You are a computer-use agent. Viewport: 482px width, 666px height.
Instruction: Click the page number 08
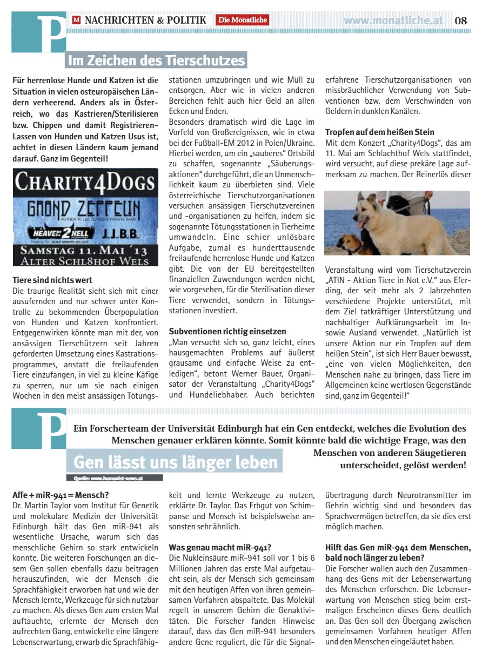pyautogui.click(x=461, y=21)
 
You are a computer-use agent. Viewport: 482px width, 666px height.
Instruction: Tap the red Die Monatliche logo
pyautogui.click(x=243, y=21)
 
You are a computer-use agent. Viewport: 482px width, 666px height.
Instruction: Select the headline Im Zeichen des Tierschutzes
pyautogui.click(x=156, y=59)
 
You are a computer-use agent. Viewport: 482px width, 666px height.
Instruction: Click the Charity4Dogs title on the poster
pyautogui.click(x=85, y=183)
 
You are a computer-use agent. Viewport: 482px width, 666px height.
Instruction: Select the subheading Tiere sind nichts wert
pyautogui.click(x=52, y=280)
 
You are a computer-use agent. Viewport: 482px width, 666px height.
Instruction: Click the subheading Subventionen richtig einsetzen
pyautogui.click(x=227, y=331)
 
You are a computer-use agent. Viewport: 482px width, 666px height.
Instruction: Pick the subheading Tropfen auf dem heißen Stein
pyautogui.click(x=379, y=132)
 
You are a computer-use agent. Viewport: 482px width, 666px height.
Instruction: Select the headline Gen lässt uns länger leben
pyautogui.click(x=176, y=462)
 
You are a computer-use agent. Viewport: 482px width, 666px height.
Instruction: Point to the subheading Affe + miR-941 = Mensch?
pyautogui.click(x=61, y=494)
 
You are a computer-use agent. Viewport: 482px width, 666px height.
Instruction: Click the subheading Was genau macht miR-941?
pyautogui.click(x=220, y=547)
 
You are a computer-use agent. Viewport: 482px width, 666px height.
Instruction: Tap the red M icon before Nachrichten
pyautogui.click(x=76, y=21)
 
